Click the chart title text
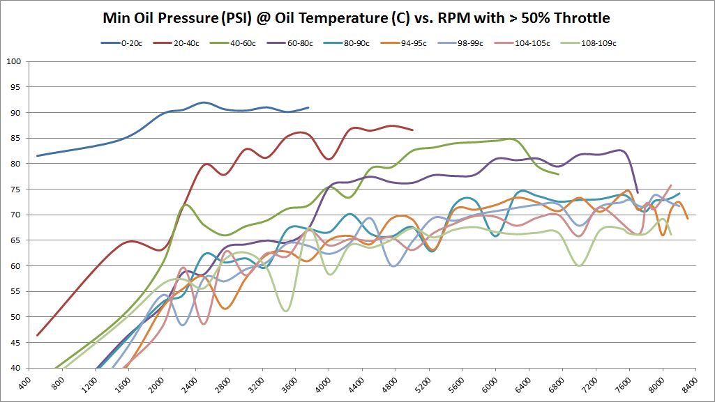pos(357,17)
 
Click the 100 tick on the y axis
pos(15,61)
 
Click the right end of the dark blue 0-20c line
pos(308,107)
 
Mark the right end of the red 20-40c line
pos(413,130)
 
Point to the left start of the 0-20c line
pos(37,155)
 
